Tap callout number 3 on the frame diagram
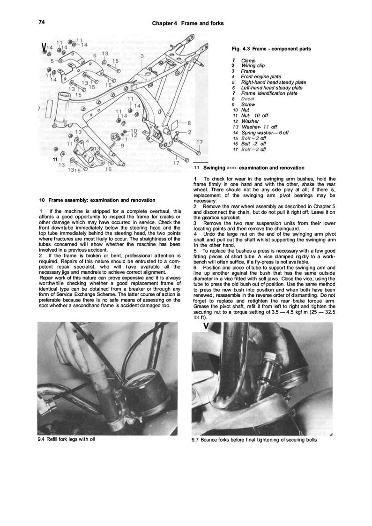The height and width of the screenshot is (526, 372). pos(142,55)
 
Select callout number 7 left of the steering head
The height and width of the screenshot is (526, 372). pos(39,109)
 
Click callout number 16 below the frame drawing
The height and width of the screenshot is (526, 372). pos(108,170)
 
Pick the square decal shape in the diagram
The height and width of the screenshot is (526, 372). pos(171,126)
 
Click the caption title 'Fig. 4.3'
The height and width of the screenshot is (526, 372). pos(242,49)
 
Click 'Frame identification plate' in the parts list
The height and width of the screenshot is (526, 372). pos(269,93)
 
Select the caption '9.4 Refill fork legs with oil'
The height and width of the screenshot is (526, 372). pos(68,439)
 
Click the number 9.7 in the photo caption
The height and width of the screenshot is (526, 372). pos(196,440)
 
